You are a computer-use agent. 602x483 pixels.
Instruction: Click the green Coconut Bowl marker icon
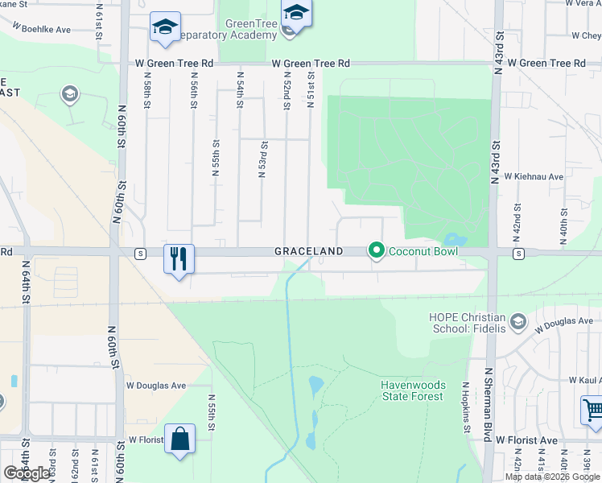click(375, 251)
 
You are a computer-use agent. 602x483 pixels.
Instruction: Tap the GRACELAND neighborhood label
click(309, 251)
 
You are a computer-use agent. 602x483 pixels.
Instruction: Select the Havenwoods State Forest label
click(412, 390)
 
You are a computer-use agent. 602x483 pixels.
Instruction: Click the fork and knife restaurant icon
click(179, 258)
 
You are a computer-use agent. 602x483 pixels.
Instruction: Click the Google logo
click(27, 473)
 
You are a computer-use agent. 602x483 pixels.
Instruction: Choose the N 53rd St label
click(262, 161)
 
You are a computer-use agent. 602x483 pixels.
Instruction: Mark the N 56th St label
click(194, 95)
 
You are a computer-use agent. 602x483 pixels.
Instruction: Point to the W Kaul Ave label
click(574, 379)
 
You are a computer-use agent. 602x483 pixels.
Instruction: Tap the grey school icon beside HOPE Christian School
click(518, 324)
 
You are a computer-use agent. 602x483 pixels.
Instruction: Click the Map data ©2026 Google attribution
click(552, 477)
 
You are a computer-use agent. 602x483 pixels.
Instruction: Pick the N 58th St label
click(147, 95)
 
